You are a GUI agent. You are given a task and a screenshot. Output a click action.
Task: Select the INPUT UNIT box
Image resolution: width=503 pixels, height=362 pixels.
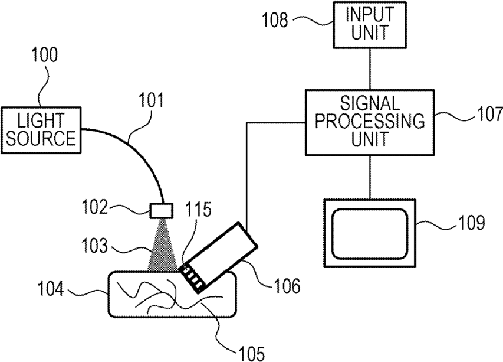click(x=370, y=25)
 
